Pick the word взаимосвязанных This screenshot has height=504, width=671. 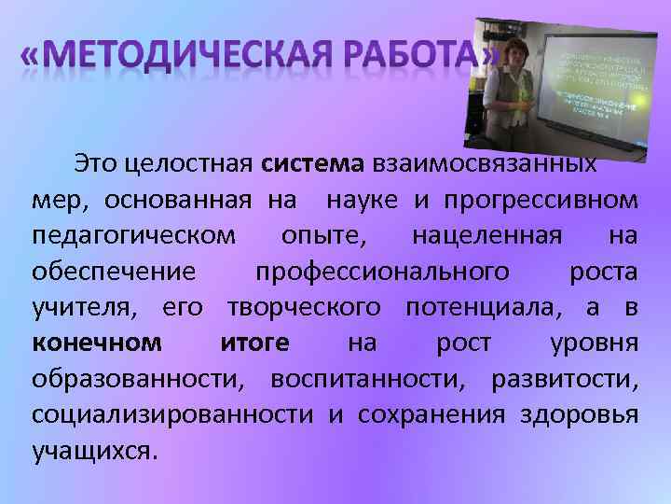pyautogui.click(x=486, y=165)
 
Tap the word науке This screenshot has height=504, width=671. pyautogui.click(x=362, y=201)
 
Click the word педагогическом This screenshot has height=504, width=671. pyautogui.click(x=133, y=236)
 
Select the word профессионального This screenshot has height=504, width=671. pyautogui.click(x=382, y=272)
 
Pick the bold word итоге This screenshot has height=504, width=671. pyautogui.click(x=254, y=343)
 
